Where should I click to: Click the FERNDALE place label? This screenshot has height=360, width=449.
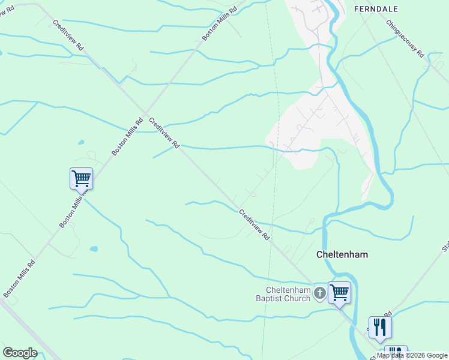tap(376, 9)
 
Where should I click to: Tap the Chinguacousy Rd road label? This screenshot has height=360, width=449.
tap(405, 39)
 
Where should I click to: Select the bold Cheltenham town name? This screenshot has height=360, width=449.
tap(342, 254)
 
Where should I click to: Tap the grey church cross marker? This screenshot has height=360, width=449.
tap(320, 293)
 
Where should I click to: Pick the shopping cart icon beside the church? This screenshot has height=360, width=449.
tap(339, 293)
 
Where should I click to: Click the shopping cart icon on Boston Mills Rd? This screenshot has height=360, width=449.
tap(81, 178)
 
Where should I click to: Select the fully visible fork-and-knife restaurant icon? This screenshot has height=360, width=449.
tap(380, 327)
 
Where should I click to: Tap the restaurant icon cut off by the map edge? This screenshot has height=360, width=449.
tap(396, 353)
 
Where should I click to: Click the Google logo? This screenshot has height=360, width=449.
tap(20, 353)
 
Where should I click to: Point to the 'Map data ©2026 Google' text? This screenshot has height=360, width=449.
tap(412, 355)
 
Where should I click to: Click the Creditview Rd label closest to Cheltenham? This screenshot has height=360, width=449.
tap(255, 225)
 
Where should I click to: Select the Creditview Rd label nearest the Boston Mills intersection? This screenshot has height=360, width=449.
tap(164, 133)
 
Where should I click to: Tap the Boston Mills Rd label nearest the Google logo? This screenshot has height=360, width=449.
tap(19, 278)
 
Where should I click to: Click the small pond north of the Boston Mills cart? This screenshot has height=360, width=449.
tap(80, 143)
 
